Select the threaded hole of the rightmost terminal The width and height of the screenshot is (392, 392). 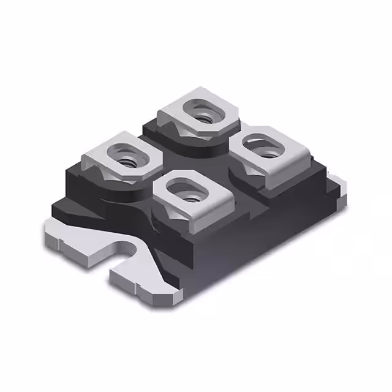pos(264,147)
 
